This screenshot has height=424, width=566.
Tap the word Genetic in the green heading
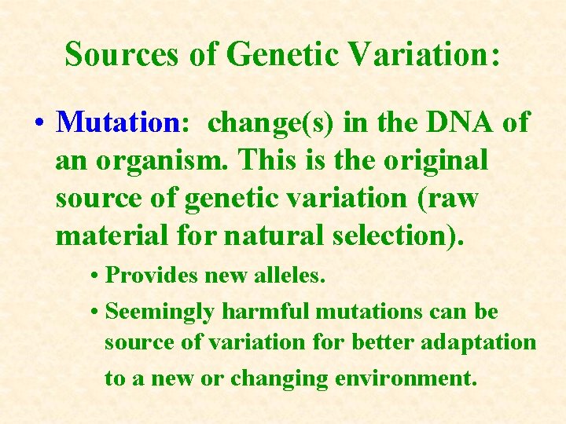[272, 54]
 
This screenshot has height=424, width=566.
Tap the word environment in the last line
[406, 378]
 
